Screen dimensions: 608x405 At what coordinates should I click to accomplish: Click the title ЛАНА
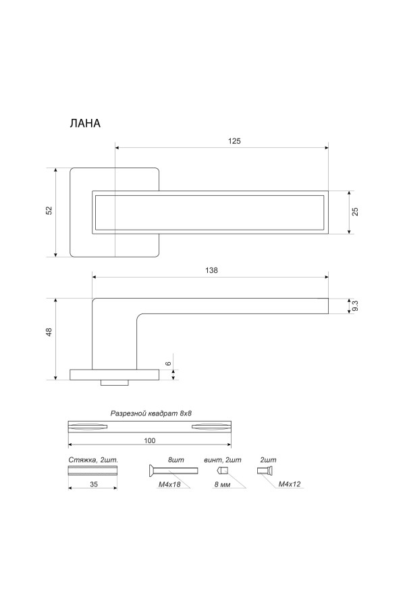84,124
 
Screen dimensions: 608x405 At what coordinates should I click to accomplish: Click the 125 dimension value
234,141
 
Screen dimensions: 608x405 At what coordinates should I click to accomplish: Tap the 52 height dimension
49,211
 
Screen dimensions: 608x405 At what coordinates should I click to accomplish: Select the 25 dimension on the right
355,211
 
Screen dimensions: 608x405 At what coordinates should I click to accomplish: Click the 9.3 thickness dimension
355,306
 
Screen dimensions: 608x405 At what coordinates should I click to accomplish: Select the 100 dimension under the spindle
150,440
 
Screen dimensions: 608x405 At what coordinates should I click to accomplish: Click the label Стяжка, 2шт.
94,459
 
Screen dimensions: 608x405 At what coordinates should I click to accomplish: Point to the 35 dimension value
94,484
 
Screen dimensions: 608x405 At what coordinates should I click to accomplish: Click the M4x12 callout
289,484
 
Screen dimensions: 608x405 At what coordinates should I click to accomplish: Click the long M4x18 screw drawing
171,471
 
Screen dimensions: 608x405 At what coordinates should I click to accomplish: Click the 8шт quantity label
176,459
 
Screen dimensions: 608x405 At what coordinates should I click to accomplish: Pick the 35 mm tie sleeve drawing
94,471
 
